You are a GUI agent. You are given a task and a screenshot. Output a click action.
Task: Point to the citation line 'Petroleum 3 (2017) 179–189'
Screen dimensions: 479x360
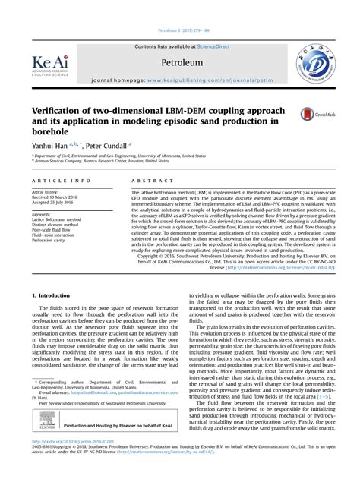(x=179, y=34)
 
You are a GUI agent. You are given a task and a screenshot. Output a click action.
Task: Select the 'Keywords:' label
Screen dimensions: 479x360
(x=41, y=214)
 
